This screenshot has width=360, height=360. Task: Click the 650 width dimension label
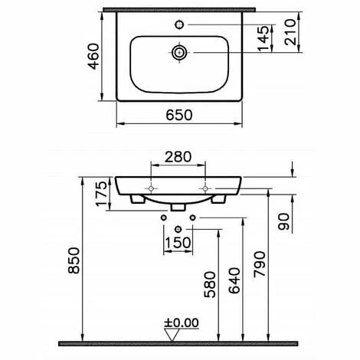(179, 115)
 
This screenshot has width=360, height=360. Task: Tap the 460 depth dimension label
(93, 56)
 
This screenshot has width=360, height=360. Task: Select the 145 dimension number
(263, 38)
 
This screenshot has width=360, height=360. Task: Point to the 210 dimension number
(290, 32)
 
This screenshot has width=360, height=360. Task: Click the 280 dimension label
(178, 157)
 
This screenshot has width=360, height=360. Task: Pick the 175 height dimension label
(101, 194)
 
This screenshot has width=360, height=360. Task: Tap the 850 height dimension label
(74, 260)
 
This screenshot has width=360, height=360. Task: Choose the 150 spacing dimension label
(178, 243)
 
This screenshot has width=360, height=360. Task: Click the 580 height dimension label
(210, 285)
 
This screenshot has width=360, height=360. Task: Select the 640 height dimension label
(234, 280)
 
